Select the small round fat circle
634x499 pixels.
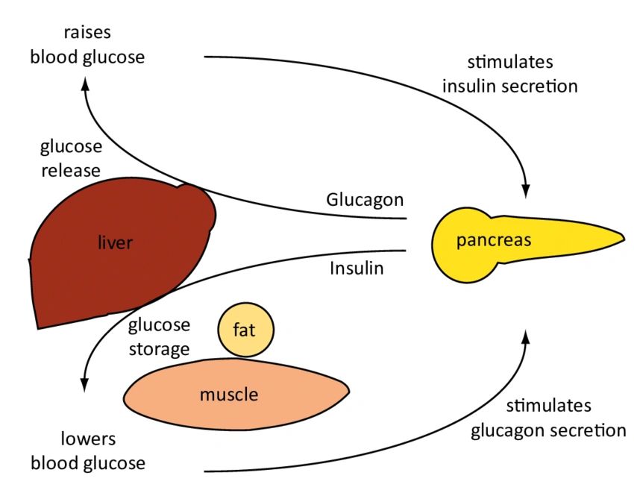click(x=246, y=329)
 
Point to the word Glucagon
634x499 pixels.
click(x=365, y=200)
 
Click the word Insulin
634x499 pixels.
click(x=357, y=268)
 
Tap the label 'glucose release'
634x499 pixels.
click(x=70, y=157)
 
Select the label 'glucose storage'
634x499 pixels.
click(x=159, y=336)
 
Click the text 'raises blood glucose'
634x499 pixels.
click(x=87, y=45)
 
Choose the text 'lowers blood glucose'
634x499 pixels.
click(x=88, y=452)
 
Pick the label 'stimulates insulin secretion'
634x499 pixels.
click(x=510, y=74)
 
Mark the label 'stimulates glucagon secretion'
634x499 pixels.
click(x=548, y=418)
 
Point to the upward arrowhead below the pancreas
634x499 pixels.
click(x=527, y=336)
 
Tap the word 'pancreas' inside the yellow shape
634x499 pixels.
click(x=494, y=240)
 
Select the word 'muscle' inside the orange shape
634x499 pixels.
click(x=228, y=394)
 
